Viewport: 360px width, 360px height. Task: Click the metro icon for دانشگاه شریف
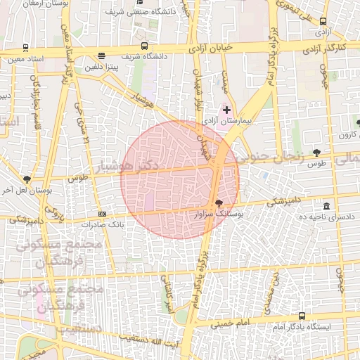pos(144,46)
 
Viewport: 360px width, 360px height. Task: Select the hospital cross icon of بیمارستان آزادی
pos(226,110)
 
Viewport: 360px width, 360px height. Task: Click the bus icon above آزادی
pos(323,22)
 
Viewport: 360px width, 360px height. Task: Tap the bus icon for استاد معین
pos(25,49)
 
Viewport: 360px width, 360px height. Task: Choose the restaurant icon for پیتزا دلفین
pos(102,56)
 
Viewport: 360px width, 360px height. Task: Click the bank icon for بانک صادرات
pos(103,214)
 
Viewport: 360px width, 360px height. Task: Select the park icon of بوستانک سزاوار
pos(218,202)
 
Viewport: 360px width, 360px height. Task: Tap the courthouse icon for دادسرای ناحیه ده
pos(327,206)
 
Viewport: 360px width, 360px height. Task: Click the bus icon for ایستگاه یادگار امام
pos(302,316)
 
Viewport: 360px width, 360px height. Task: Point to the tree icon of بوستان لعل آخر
pos(27,179)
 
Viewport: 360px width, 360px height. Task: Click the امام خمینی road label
pos(229,324)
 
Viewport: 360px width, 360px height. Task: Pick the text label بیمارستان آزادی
pos(227,121)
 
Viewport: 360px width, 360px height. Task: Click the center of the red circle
pos(180,179)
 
